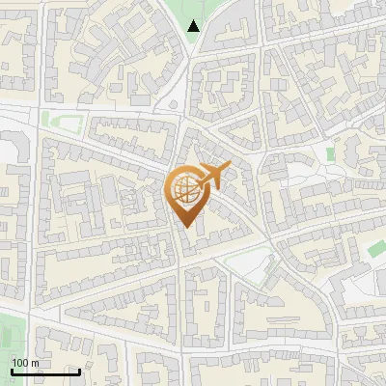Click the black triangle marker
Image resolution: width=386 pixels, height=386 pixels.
(x=194, y=26)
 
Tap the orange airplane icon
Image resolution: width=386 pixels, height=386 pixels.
(x=211, y=177)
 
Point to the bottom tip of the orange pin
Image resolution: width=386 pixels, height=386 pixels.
(x=185, y=228)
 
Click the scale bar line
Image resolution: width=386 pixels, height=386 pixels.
(x=45, y=372)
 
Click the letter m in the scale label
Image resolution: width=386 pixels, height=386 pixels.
(x=36, y=362)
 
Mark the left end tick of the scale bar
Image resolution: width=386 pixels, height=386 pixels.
(x=12, y=371)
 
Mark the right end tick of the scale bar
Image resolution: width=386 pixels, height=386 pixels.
(x=79, y=371)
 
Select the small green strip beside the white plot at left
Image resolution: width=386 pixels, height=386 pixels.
(x=59, y=121)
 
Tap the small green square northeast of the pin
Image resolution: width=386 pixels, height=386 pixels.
(x=330, y=152)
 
